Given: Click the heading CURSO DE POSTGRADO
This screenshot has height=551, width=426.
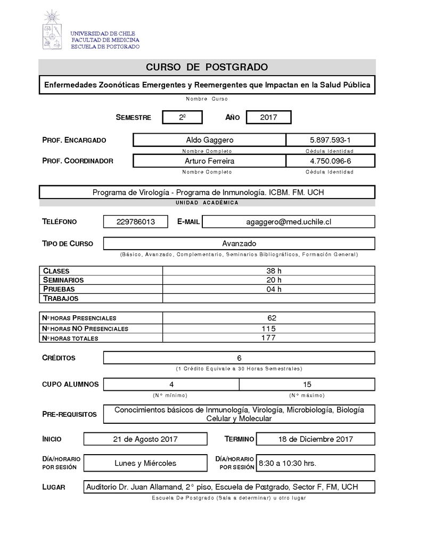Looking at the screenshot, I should coord(207,67).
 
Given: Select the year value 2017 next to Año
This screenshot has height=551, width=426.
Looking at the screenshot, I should coord(268,117).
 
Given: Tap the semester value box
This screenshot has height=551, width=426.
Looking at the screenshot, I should coord(182,117).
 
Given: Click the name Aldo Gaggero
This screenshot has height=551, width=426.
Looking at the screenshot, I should coord(209,140).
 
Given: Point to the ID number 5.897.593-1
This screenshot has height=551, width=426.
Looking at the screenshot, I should coord(330,140).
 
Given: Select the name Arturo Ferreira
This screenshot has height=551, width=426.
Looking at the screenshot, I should coord(209,161).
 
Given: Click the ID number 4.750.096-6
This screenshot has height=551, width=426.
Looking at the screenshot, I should coord(330,161).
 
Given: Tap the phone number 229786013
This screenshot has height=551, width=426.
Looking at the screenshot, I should coord(135,222).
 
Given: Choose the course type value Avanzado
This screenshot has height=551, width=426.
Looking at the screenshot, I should coord(239,243).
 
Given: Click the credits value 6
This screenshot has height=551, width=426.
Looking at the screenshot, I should coord(239,358).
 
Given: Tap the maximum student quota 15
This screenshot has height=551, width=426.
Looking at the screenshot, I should coord(307,384).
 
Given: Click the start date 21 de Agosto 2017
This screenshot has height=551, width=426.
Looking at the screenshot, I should coord(145,439).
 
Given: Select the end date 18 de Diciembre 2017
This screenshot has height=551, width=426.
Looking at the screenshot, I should coord(316,439).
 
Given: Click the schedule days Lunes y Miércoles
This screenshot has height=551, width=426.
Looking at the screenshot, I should coord(145,463).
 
